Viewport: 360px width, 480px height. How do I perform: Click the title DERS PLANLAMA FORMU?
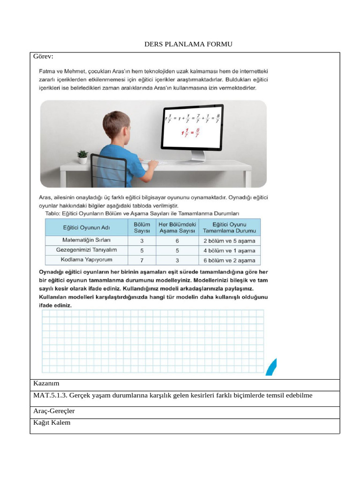[x=188, y=45]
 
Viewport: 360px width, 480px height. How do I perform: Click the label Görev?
[x=43, y=57]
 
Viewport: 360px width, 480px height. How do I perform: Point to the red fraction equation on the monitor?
[x=190, y=134]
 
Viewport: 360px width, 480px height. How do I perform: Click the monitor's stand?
[x=196, y=156]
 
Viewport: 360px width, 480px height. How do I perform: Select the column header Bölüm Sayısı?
[x=142, y=228]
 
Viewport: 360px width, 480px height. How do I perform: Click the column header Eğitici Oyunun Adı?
[x=86, y=228]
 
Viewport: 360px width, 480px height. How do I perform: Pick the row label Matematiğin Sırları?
[x=86, y=240]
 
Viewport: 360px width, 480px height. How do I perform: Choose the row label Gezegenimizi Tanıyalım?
[x=86, y=250]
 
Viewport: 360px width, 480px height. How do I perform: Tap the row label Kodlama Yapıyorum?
[x=86, y=260]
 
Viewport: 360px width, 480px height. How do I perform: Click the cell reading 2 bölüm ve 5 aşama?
[x=229, y=240]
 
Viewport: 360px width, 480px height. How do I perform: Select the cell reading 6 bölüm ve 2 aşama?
[x=229, y=260]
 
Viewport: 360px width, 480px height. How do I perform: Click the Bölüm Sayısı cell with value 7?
[x=142, y=260]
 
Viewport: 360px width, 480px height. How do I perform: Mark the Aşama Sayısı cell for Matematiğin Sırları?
[x=177, y=240]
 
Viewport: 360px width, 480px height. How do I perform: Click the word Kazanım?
[x=46, y=384]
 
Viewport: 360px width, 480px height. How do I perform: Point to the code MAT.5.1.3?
[x=50, y=396]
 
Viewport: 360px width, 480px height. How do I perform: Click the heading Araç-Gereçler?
[x=54, y=411]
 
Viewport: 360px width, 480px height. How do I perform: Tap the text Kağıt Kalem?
[x=52, y=423]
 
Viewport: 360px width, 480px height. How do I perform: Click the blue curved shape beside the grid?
[x=271, y=367]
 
